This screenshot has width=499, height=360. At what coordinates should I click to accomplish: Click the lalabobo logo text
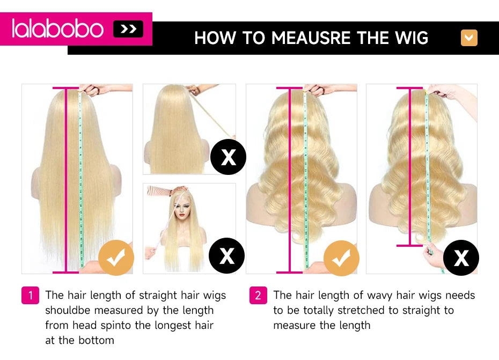click(57, 28)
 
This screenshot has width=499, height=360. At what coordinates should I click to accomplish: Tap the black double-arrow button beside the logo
click(128, 29)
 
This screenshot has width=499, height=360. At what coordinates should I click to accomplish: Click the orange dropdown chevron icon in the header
click(469, 38)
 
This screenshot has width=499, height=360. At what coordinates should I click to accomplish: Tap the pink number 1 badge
click(31, 296)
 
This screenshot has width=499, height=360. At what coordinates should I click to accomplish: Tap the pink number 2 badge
click(258, 296)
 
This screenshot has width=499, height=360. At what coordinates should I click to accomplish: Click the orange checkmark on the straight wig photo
click(116, 258)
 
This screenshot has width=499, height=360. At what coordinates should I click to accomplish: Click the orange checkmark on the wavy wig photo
click(341, 258)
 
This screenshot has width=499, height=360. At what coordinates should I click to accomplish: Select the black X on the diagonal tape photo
click(228, 157)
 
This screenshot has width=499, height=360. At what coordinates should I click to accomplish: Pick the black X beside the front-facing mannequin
click(226, 255)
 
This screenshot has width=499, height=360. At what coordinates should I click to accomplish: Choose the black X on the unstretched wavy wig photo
click(461, 258)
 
